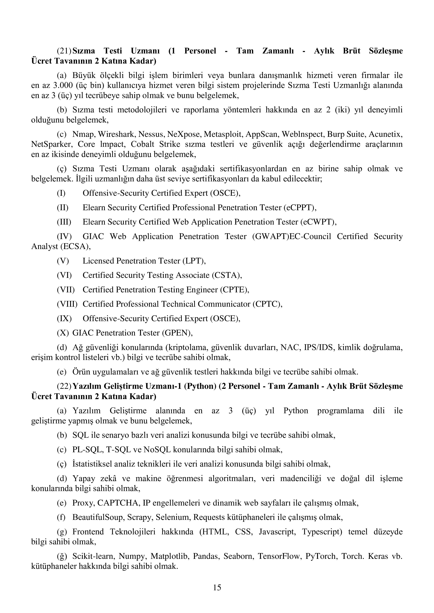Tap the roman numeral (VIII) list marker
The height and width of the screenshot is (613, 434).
pos(67,304)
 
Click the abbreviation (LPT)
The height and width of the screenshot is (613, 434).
pos(194,261)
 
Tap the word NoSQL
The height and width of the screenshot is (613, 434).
pos(157,450)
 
